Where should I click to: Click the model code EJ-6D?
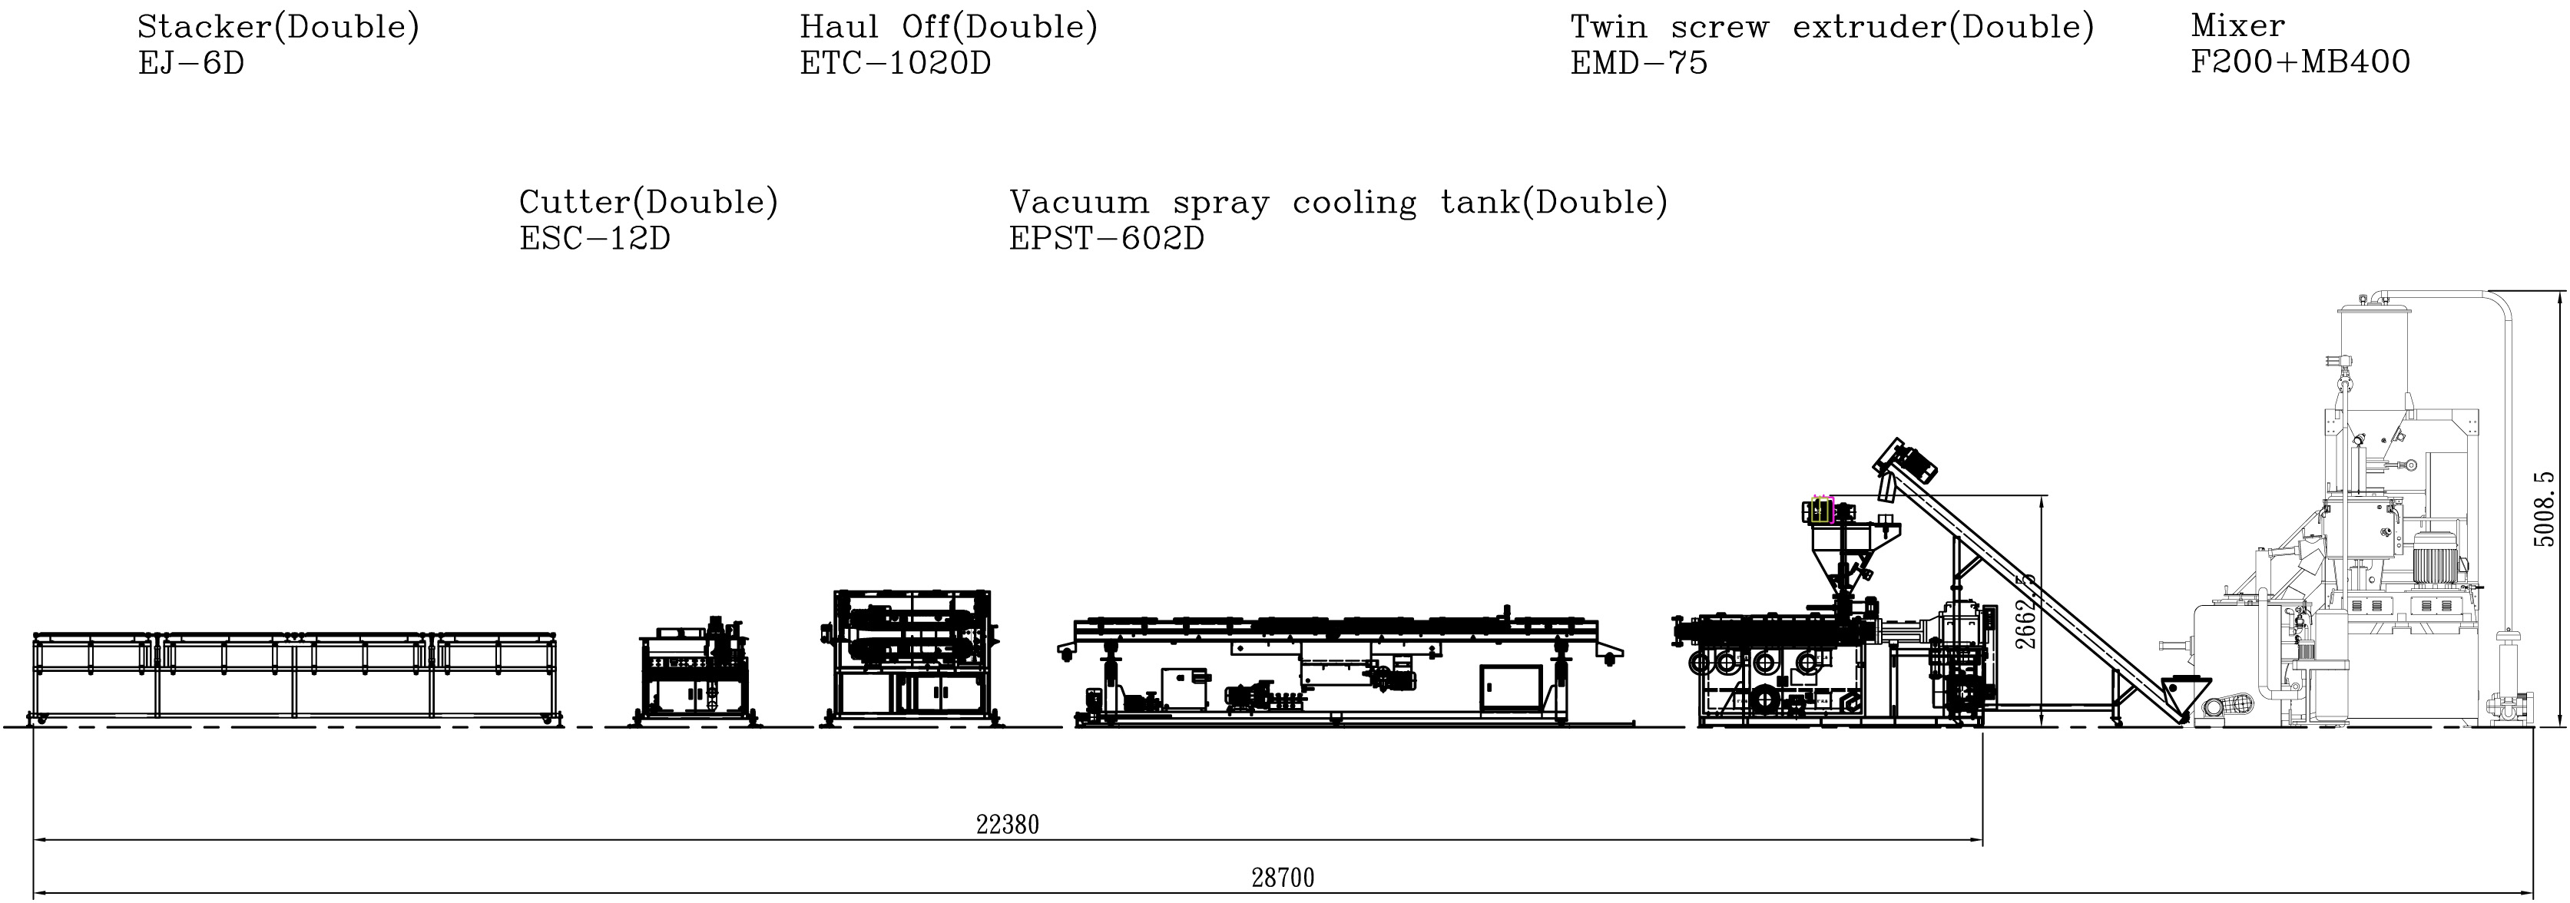click(x=190, y=64)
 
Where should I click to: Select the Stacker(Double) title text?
click(x=278, y=27)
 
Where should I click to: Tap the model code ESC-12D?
click(x=594, y=240)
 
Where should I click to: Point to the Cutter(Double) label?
click(x=648, y=203)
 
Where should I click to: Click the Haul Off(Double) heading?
click(x=949, y=27)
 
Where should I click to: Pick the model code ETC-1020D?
click(x=895, y=64)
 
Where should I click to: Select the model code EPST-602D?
click(x=1106, y=240)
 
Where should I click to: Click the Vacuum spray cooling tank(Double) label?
click(x=1339, y=203)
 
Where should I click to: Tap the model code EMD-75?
click(x=1638, y=64)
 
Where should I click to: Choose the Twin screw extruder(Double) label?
click(x=1832, y=27)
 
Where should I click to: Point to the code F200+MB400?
click(x=2300, y=63)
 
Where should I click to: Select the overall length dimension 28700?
click(x=1283, y=878)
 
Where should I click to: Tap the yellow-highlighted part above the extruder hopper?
click(x=1822, y=511)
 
